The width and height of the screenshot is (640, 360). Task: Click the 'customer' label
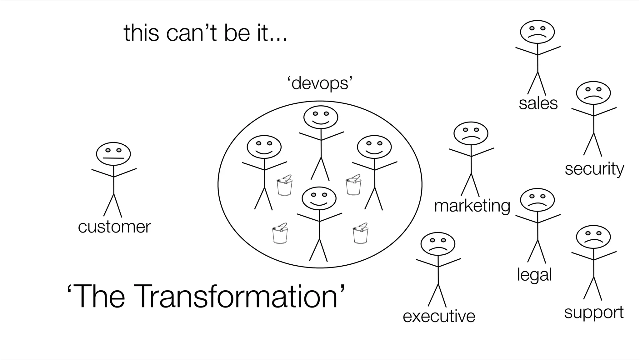[x=114, y=227]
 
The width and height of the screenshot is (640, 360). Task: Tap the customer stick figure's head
[x=113, y=154]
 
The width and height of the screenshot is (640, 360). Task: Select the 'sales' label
[x=538, y=103]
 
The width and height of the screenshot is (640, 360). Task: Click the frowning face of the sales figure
[x=537, y=32]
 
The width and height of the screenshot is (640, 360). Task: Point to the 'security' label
[x=594, y=169]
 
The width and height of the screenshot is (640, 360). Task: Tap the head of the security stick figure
[x=593, y=93]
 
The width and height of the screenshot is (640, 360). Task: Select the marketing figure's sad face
[x=471, y=133]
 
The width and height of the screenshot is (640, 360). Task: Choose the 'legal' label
[x=534, y=275]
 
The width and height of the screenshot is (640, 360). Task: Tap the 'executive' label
[x=439, y=316]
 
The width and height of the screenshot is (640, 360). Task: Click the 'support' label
[x=594, y=312]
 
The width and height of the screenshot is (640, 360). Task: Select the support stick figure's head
[x=593, y=237]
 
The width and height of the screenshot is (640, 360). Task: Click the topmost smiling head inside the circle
[x=321, y=117]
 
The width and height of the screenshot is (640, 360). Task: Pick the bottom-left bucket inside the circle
[x=280, y=234]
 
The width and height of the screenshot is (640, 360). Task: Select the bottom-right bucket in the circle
[x=360, y=233]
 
